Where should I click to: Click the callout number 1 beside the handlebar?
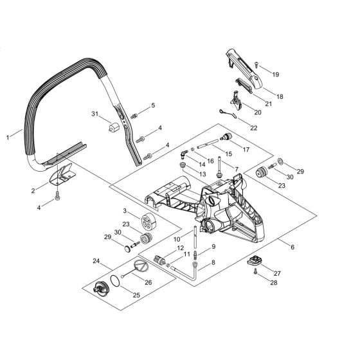pos(8,136)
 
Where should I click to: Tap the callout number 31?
pos(95,114)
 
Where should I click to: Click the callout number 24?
pos(95,261)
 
